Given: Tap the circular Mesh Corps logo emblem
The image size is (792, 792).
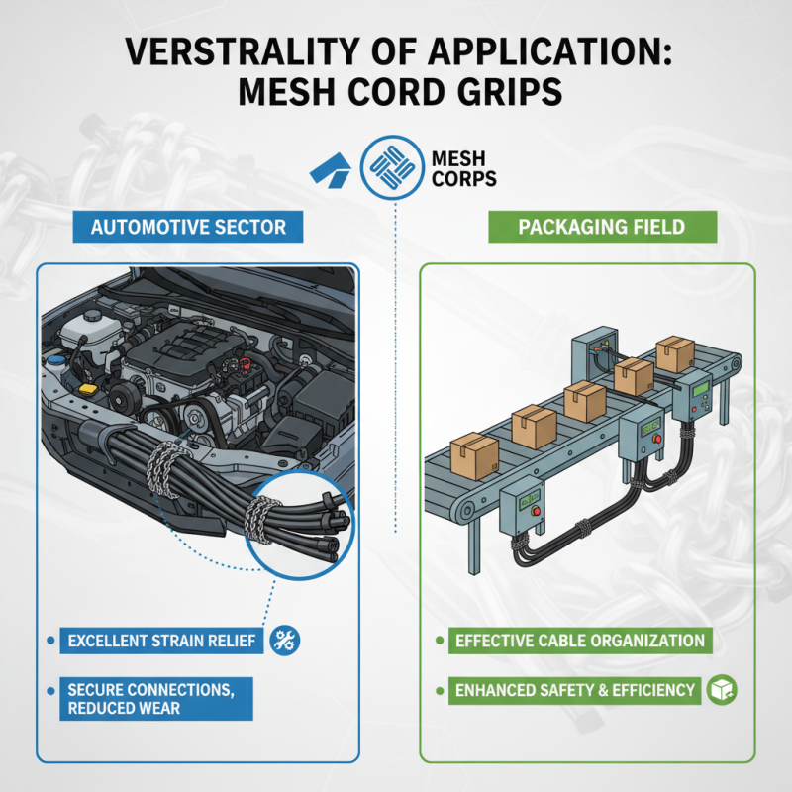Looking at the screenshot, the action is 392,167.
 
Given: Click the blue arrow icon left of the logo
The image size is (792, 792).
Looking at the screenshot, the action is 331,170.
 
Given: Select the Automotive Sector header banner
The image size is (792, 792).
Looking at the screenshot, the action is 188,227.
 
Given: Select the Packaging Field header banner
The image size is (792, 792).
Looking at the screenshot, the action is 602,227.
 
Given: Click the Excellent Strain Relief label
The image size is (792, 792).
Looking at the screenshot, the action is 161,641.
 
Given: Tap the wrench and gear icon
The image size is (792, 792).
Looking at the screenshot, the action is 285,641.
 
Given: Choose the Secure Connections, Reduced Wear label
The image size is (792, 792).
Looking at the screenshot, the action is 156,699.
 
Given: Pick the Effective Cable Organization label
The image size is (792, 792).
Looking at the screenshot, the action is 580,641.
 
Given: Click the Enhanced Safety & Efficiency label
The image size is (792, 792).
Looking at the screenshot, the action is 575,690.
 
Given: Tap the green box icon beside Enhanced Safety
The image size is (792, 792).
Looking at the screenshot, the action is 722,690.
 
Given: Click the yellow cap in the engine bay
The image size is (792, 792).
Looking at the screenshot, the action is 88,390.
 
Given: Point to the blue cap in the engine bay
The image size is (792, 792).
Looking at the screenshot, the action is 56,360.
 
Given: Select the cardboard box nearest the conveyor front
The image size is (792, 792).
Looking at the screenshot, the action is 474,455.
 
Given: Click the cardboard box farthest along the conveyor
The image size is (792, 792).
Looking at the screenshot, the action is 675,353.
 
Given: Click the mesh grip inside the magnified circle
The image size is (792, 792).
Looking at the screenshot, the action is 260,520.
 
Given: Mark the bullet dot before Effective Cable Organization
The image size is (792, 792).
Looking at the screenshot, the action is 440,641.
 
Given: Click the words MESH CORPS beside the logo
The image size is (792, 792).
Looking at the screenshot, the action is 463,168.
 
